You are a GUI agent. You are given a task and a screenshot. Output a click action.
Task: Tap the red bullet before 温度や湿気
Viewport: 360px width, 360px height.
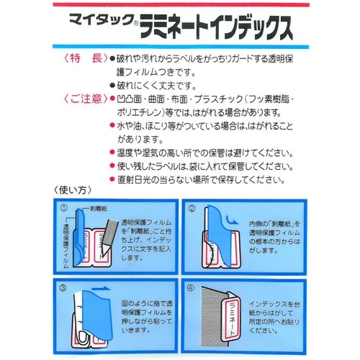point(112,153)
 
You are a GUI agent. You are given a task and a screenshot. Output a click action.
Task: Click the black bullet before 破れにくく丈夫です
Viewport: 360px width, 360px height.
point(112,85)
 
